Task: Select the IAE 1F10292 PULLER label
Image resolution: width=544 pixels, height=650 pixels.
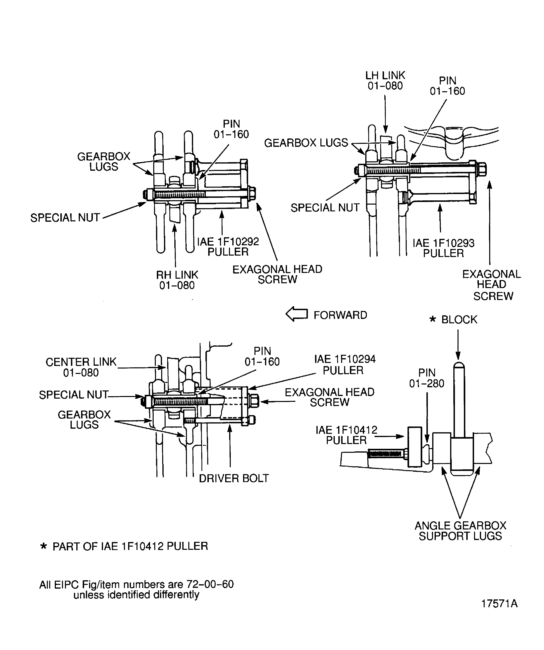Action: point(228,246)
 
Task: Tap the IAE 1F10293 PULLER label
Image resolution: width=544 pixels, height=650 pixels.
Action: point(443,248)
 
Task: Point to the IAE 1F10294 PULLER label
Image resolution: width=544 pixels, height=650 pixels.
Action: point(344,364)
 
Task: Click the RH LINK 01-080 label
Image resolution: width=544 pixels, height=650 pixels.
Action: point(177,280)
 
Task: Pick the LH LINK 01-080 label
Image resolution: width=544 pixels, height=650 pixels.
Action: point(385,80)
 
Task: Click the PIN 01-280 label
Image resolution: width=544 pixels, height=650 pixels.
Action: point(427,378)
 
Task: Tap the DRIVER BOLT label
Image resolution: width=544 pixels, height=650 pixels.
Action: point(234,478)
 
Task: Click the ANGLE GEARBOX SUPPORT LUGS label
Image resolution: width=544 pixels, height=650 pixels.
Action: point(460,531)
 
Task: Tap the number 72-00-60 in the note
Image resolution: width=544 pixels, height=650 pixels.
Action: point(210,584)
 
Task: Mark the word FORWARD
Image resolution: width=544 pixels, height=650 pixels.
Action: point(340,315)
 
